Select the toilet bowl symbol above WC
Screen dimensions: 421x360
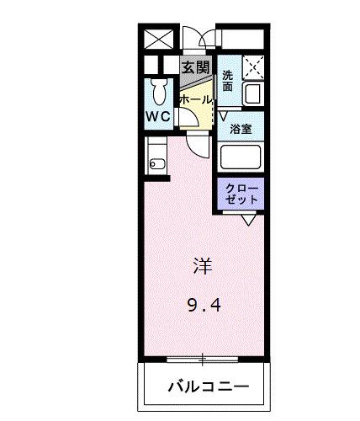click(x=158, y=91)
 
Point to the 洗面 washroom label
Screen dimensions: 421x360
click(x=228, y=80)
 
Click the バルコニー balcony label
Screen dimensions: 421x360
click(x=207, y=388)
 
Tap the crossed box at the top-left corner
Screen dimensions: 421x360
click(x=158, y=38)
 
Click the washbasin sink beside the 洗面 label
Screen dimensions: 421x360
click(x=253, y=93)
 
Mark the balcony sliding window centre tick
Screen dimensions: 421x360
click(x=203, y=360)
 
